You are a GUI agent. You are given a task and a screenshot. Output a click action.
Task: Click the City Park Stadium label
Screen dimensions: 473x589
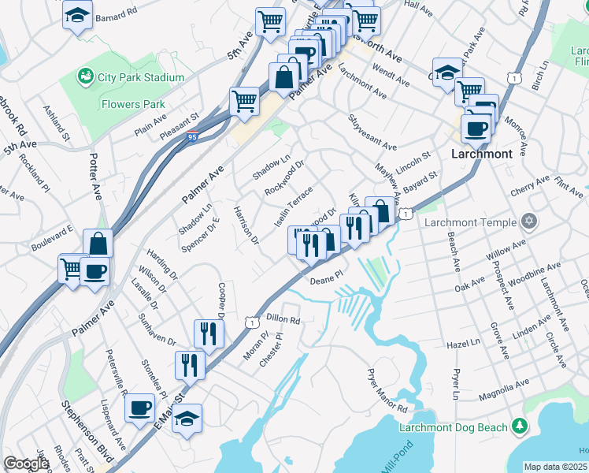point(141,77)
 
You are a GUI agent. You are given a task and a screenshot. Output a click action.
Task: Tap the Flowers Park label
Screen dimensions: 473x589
point(133,103)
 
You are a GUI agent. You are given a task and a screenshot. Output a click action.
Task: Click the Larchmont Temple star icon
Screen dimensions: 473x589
point(530,222)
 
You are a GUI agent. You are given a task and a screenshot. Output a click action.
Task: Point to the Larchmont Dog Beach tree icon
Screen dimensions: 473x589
point(519,426)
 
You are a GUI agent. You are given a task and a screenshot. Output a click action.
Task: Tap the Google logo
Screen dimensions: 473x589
point(26,464)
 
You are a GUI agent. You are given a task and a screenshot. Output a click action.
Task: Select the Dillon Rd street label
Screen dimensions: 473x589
point(283,320)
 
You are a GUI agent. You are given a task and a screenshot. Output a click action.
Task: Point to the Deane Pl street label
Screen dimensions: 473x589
point(327,280)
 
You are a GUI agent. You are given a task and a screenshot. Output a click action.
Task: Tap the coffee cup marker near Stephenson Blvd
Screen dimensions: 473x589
point(140,408)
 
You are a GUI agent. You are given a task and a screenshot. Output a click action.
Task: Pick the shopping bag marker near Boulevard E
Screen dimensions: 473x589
point(98,244)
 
